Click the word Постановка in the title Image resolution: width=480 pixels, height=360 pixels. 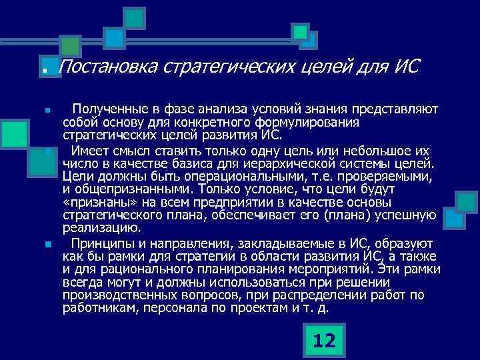pos(107,67)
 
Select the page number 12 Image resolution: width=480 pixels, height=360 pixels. pos(324,341)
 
